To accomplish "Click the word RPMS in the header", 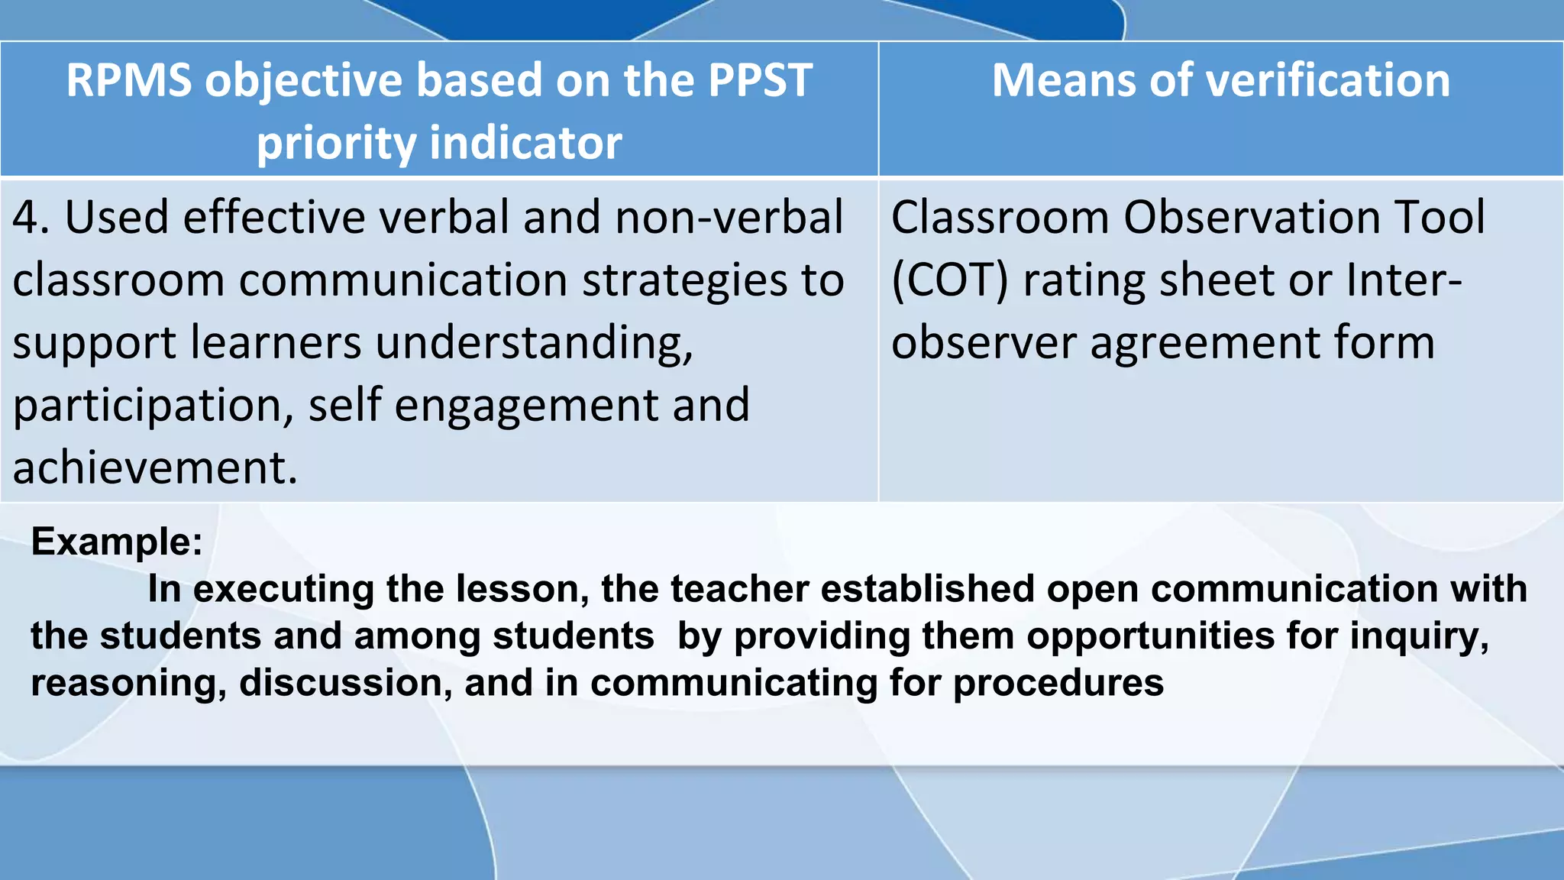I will (x=128, y=80).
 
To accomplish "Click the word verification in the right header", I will (x=1324, y=80).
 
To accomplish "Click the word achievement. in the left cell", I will (x=155, y=467).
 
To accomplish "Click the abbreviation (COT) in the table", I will (x=949, y=280).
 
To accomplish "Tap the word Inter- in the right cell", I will (x=1404, y=280).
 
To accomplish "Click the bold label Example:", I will (x=117, y=542).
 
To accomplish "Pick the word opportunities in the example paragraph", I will (x=1150, y=636).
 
